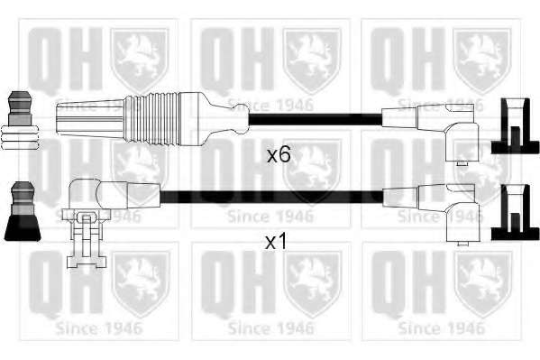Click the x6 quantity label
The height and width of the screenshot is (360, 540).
coord(279,155)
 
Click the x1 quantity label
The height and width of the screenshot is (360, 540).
coord(276,242)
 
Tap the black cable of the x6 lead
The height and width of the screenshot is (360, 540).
coord(316,119)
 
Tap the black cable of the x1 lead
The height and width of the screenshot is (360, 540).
coord(271,197)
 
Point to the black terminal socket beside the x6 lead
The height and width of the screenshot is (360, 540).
coord(515,125)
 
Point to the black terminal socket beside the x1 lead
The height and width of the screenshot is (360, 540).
coord(515,212)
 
